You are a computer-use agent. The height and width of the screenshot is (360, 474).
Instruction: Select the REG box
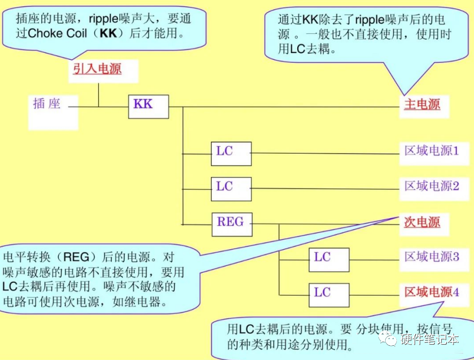(x=231, y=224)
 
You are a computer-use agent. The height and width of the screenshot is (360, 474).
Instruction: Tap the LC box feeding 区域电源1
(x=231, y=153)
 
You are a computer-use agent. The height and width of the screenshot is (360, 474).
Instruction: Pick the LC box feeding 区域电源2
(x=231, y=188)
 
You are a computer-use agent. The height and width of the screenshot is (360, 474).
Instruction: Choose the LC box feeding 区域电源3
(x=329, y=259)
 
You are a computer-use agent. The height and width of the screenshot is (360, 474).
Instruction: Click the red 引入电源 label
(x=97, y=68)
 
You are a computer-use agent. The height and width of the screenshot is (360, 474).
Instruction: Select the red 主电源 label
(x=422, y=105)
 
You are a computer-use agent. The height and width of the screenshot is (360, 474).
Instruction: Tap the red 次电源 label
(x=422, y=222)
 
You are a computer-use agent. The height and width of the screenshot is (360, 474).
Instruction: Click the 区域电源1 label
(x=432, y=151)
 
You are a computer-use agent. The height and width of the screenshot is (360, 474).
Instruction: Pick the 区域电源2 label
(x=432, y=185)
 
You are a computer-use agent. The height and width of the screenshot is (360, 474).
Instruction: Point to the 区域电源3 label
(x=432, y=256)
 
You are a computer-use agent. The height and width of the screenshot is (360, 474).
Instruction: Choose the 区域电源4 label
(x=432, y=292)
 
